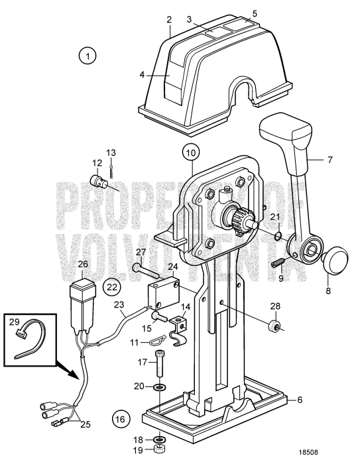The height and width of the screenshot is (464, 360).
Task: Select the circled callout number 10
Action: tap(191, 153)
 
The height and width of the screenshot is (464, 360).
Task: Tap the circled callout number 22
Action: tap(112, 288)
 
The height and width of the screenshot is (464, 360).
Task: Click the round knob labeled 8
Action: tap(337, 258)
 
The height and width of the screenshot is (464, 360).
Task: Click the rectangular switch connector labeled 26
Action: tap(84, 296)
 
